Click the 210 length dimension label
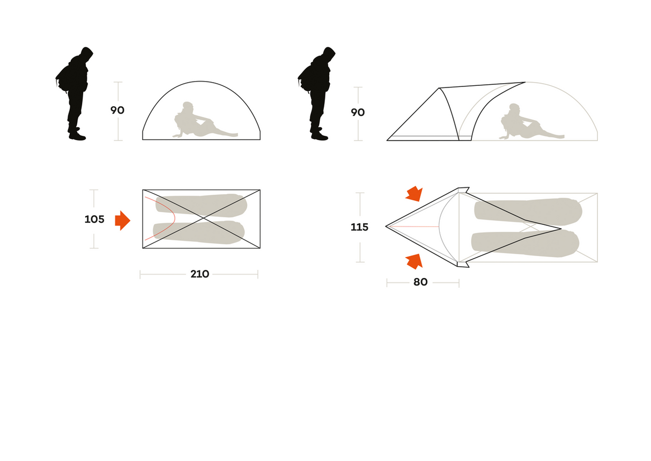(199, 274)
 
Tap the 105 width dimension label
(94, 219)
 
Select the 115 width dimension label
(359, 228)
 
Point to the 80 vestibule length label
(420, 282)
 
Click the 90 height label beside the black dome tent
(117, 111)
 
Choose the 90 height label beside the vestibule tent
(358, 113)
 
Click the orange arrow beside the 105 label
(122, 220)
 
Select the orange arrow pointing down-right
(413, 194)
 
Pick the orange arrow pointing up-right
(413, 261)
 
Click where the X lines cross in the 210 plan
(202, 219)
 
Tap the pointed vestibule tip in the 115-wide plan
(387, 226)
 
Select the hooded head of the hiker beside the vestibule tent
(329, 55)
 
